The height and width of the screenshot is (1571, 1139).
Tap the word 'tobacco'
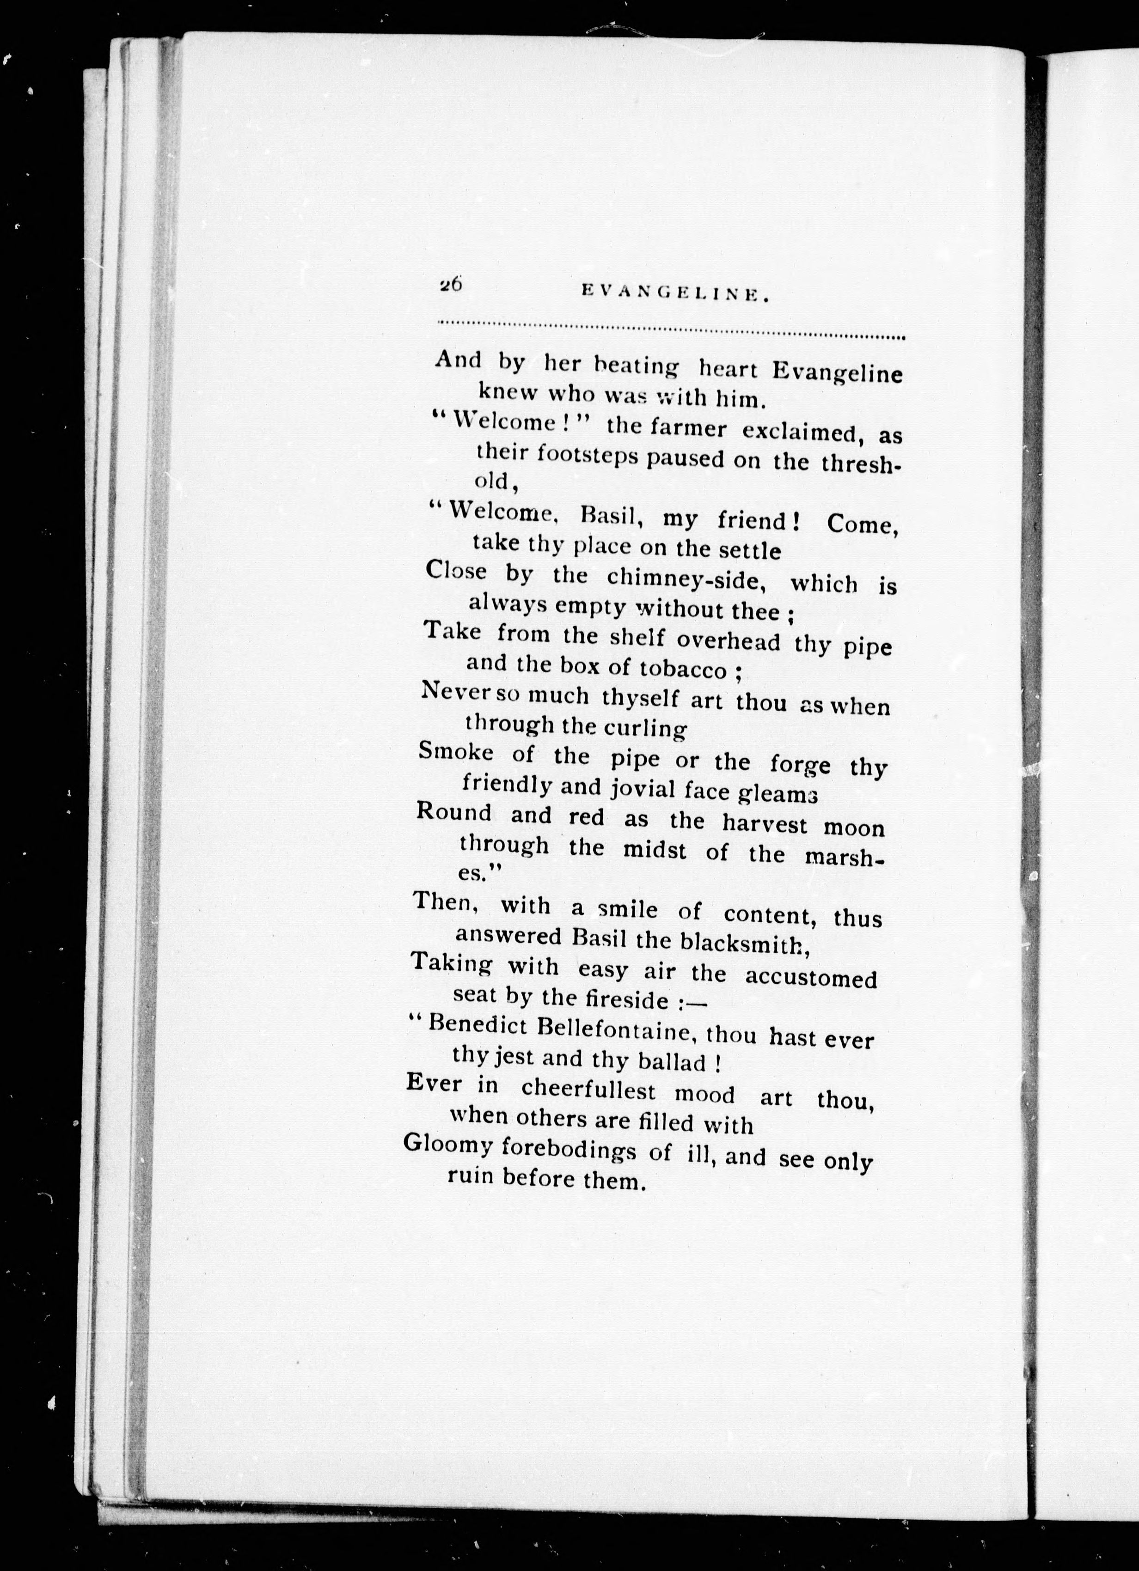685,670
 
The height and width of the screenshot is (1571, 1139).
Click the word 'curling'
645,729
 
